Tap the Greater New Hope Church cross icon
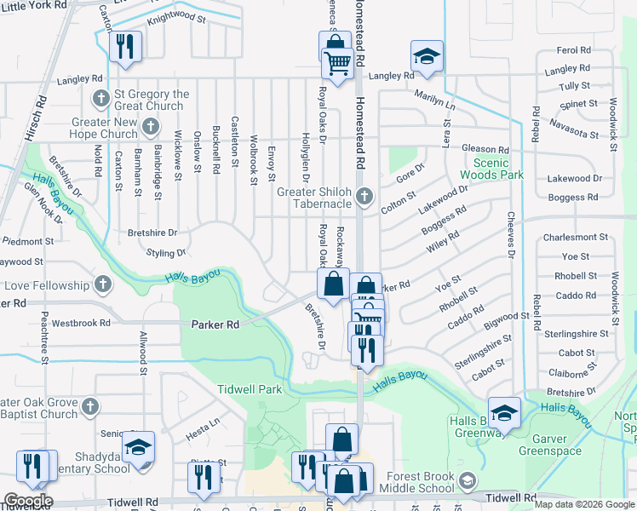152,128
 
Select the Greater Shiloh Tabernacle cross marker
364,197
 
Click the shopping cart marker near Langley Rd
338,63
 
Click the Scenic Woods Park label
502,169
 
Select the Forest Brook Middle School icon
466,482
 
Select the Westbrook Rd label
81,324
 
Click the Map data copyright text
584,504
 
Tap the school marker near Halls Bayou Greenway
504,412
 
